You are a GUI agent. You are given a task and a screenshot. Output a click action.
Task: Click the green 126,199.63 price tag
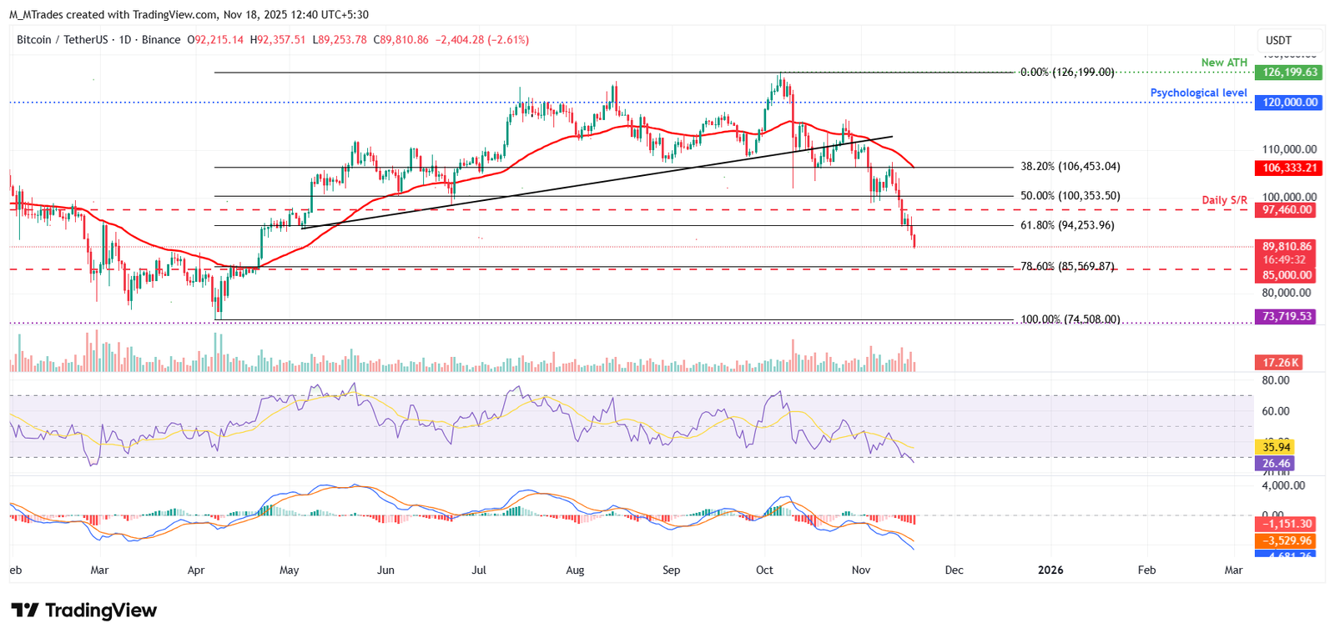tap(1288, 73)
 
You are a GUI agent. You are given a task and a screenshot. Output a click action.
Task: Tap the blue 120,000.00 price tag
tap(1288, 103)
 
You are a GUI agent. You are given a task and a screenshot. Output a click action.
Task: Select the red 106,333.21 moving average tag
tap(1288, 168)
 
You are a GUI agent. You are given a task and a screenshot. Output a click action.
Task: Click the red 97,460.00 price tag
tap(1286, 210)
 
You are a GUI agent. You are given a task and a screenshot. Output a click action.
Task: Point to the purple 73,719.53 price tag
tap(1286, 317)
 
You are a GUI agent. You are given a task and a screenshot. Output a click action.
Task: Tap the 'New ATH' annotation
tap(1224, 63)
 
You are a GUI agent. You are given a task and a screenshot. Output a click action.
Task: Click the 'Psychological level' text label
tap(1198, 93)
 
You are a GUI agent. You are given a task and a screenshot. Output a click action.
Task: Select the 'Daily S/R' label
tap(1224, 200)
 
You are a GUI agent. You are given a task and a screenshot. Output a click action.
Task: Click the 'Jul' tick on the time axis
tap(479, 570)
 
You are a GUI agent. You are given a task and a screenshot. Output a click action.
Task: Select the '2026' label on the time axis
tap(1050, 570)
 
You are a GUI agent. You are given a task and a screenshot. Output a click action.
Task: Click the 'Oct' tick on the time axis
tap(764, 570)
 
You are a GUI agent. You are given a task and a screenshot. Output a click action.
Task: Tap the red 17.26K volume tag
tap(1279, 363)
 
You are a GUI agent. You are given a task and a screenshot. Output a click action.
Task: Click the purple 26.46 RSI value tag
tap(1275, 464)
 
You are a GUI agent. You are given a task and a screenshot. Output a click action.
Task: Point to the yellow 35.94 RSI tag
tap(1275, 448)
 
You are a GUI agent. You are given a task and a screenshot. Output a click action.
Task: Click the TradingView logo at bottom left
tap(83, 610)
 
